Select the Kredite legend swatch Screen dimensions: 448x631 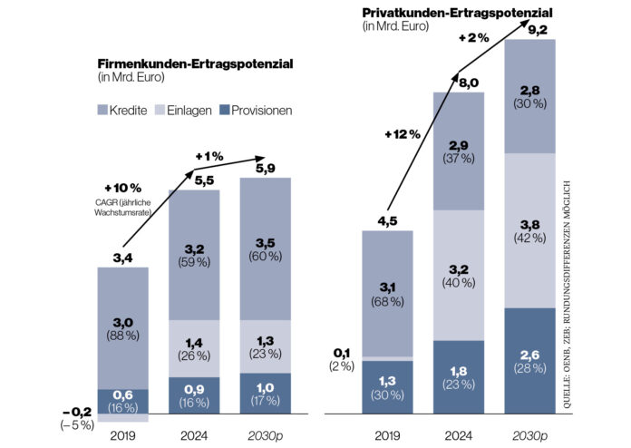(x=102, y=111)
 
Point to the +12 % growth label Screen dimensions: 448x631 (x=402, y=134)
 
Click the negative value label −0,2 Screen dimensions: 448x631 (x=77, y=414)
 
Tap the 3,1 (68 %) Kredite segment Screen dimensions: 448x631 (x=387, y=294)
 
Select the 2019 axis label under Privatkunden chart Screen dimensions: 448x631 (x=387, y=433)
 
